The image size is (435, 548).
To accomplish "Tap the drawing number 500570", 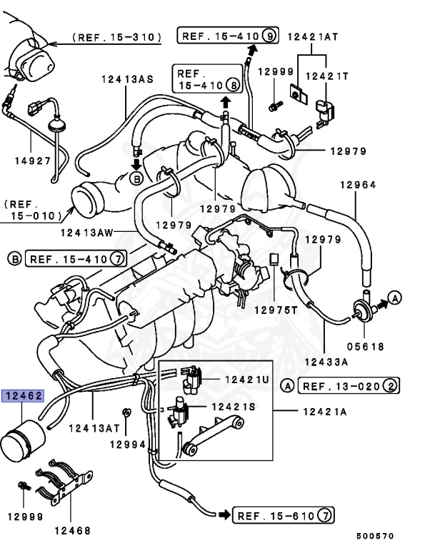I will [375, 535].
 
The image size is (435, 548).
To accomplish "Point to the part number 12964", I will [357, 186].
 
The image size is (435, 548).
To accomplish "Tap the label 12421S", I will [233, 406].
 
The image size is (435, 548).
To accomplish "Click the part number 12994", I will [127, 444].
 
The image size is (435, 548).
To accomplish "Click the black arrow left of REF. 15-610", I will [224, 514].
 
